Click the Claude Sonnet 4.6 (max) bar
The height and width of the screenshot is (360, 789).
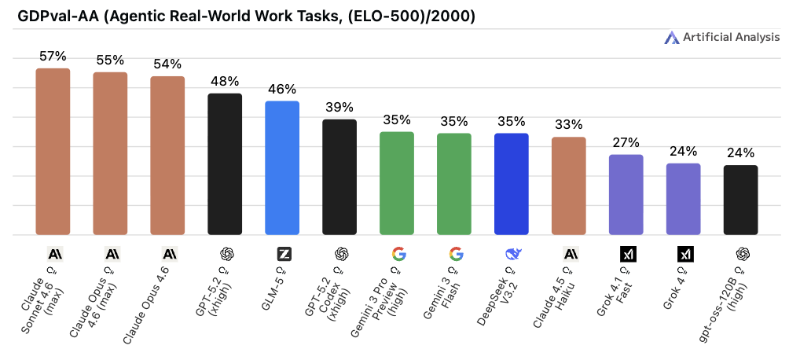tap(53, 151)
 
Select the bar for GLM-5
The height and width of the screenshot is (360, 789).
tap(282, 167)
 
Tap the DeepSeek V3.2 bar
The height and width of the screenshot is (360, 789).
tap(512, 183)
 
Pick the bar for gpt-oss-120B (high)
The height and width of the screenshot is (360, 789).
tap(740, 200)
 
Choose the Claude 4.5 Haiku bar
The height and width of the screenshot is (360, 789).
tap(569, 186)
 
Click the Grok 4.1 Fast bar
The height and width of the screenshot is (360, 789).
tap(626, 194)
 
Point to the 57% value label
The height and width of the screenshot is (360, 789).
tap(53, 57)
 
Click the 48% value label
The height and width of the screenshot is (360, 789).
tap(225, 82)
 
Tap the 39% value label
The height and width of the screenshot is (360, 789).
tap(339, 108)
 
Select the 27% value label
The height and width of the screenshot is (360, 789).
tap(626, 143)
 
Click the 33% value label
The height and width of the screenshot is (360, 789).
tap(569, 125)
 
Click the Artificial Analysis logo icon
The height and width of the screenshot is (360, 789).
tap(671, 37)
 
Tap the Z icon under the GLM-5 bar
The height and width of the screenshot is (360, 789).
tap(282, 254)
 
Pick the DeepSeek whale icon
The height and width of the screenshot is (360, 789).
tap(512, 254)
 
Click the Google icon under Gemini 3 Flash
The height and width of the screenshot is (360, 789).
tap(455, 254)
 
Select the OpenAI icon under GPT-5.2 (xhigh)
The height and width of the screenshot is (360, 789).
tap(225, 254)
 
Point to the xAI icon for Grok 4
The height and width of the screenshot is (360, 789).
tap(684, 254)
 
